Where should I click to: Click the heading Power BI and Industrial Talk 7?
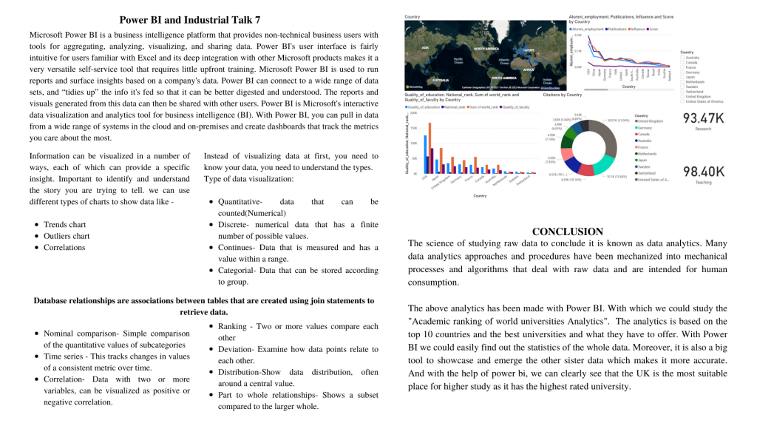pos(189,20)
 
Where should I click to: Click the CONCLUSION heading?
pos(567,231)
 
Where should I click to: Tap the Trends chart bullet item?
pos(64,224)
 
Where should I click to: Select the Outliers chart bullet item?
pos(67,236)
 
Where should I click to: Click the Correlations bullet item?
pos(64,248)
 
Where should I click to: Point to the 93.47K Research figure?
pos(704,118)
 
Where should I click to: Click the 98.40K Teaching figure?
pos(704,172)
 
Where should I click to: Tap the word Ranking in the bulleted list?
pos(232,326)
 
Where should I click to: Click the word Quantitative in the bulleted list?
pos(240,201)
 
